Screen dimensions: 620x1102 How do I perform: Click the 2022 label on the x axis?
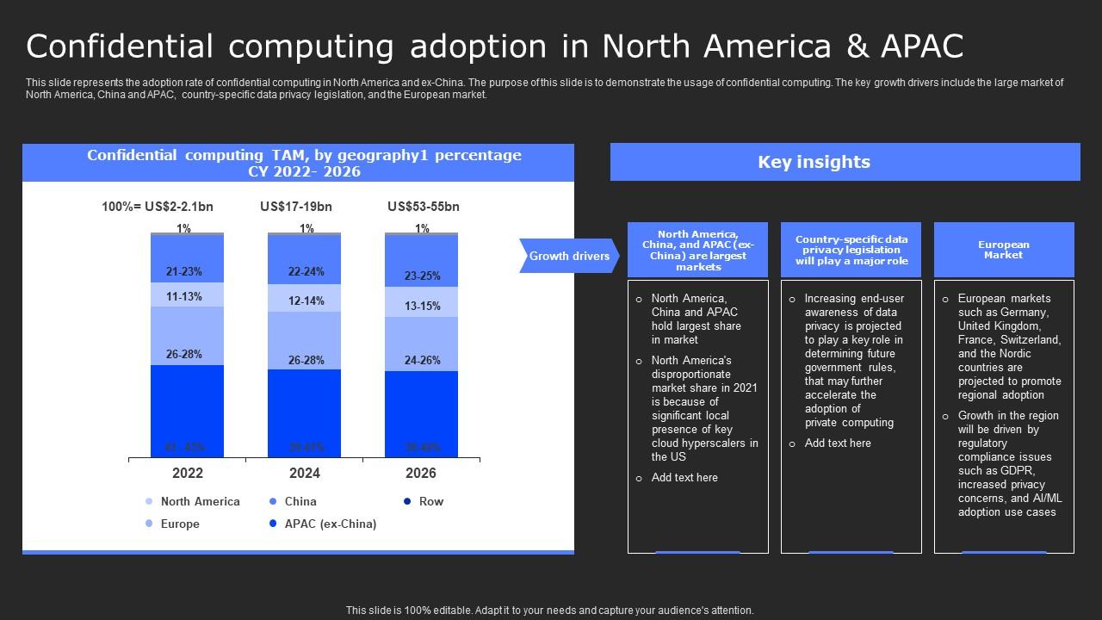(x=188, y=473)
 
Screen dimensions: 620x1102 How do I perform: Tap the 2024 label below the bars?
(x=305, y=473)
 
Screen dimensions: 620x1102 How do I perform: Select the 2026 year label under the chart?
(x=421, y=473)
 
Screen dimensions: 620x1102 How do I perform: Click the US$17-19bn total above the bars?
(x=296, y=207)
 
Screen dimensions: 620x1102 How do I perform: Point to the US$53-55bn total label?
(x=424, y=207)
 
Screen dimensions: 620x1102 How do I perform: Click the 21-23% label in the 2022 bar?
(x=184, y=272)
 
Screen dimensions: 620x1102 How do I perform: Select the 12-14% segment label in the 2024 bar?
(x=306, y=301)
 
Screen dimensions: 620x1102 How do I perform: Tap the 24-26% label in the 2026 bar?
(x=423, y=361)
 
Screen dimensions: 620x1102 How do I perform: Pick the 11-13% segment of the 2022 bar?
(x=184, y=297)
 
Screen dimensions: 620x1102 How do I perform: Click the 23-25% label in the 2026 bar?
(x=423, y=276)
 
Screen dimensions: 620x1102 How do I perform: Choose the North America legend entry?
(x=200, y=501)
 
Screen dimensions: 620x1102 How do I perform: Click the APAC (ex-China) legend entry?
(x=330, y=524)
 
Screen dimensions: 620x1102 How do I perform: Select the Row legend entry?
(x=430, y=501)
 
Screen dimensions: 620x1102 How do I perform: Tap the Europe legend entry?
(x=179, y=524)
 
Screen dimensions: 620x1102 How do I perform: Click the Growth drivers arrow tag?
(x=569, y=256)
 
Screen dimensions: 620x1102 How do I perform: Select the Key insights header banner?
(x=845, y=162)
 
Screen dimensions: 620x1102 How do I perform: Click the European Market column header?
(x=1004, y=250)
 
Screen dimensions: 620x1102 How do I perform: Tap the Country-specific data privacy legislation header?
(x=851, y=250)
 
